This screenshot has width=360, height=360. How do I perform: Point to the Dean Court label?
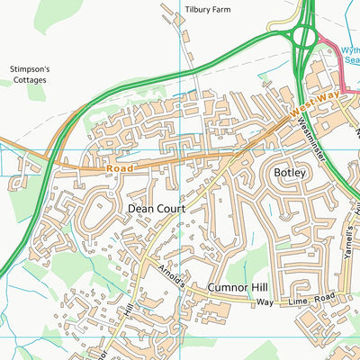pyautogui.click(x=156, y=208)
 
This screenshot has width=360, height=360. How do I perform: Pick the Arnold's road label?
pyautogui.click(x=174, y=273)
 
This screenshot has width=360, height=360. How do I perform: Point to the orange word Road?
pyautogui.click(x=119, y=167)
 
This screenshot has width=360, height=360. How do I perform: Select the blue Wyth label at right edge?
pyautogui.click(x=350, y=51)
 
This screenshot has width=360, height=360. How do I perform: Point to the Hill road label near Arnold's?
pyautogui.click(x=128, y=310)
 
